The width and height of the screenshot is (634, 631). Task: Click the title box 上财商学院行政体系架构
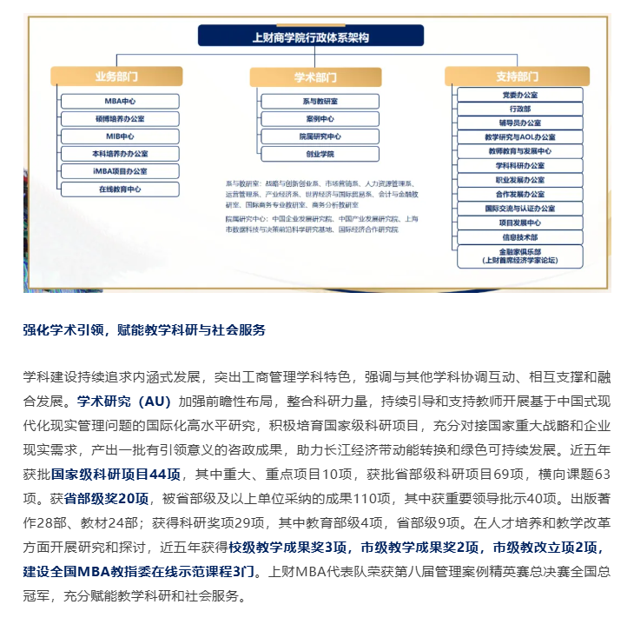point(310,37)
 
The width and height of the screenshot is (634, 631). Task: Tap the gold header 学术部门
point(314,76)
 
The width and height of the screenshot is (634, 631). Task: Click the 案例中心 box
point(320,118)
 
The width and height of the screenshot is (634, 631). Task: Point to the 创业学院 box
point(320,154)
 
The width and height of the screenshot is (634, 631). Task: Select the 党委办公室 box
point(519,94)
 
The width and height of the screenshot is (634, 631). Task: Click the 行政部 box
point(519,108)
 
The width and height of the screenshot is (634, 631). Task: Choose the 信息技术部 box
point(519,236)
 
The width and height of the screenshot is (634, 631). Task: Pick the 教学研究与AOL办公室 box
point(519,136)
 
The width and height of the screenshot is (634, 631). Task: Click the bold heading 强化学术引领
point(65,330)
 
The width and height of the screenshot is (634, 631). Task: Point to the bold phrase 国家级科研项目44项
point(116,475)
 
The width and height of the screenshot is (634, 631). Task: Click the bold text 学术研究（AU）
point(122,402)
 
